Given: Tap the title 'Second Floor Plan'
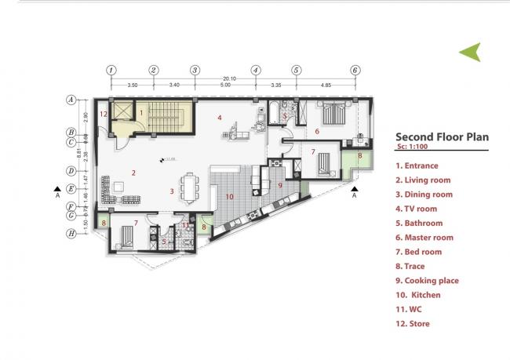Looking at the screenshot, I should pos(442,136).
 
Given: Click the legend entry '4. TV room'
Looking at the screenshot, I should pos(416,209).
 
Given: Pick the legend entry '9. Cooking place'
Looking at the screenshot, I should pos(427,280).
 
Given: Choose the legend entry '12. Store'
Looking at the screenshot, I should pos(413,323).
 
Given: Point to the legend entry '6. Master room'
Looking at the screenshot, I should pos(424,238).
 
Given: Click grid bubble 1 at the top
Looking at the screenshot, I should pos(111,70).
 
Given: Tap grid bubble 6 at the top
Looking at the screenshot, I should pos(355,70).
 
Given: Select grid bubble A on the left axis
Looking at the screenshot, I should pos(71,100).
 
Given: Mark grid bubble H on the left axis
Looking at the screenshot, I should pos(71,233).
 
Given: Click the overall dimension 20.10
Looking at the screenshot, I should pos(229,78).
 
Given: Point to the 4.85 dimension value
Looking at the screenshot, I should pos(325,85).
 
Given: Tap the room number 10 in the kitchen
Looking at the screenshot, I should pos(230,196).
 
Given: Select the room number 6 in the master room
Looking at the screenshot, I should pos(317,131).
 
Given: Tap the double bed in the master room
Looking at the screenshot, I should pos(330,112).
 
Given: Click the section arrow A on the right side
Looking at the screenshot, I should pos(355,191).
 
